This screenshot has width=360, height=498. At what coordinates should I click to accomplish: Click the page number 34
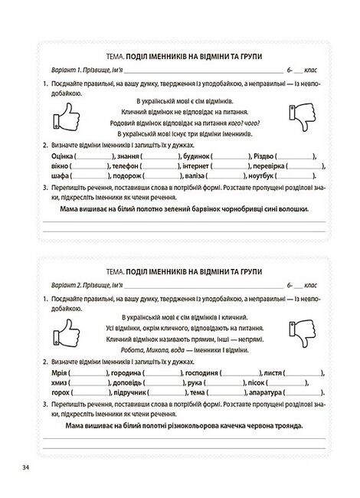pos(27,467)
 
